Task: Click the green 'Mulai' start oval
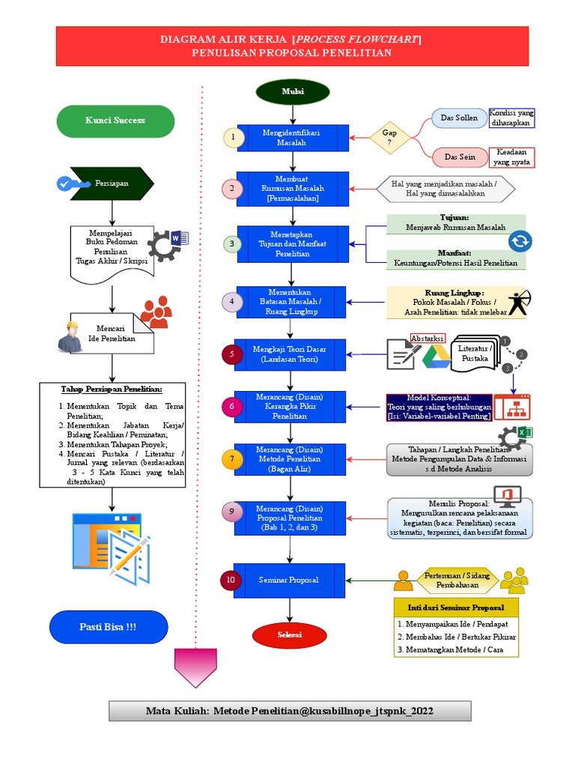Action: tap(293, 91)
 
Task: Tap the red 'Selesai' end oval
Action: tap(290, 634)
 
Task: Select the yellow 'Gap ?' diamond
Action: tap(389, 137)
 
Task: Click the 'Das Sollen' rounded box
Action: tap(458, 118)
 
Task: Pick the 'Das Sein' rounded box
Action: tap(459, 157)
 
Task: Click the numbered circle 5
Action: tap(233, 354)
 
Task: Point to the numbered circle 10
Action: tap(231, 580)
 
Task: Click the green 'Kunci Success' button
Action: tap(115, 121)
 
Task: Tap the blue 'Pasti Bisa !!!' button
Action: tap(108, 626)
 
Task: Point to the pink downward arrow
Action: tap(195, 667)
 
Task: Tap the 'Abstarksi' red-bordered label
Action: tap(428, 339)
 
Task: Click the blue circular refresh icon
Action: tap(519, 241)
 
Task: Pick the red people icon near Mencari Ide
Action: tap(156, 311)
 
